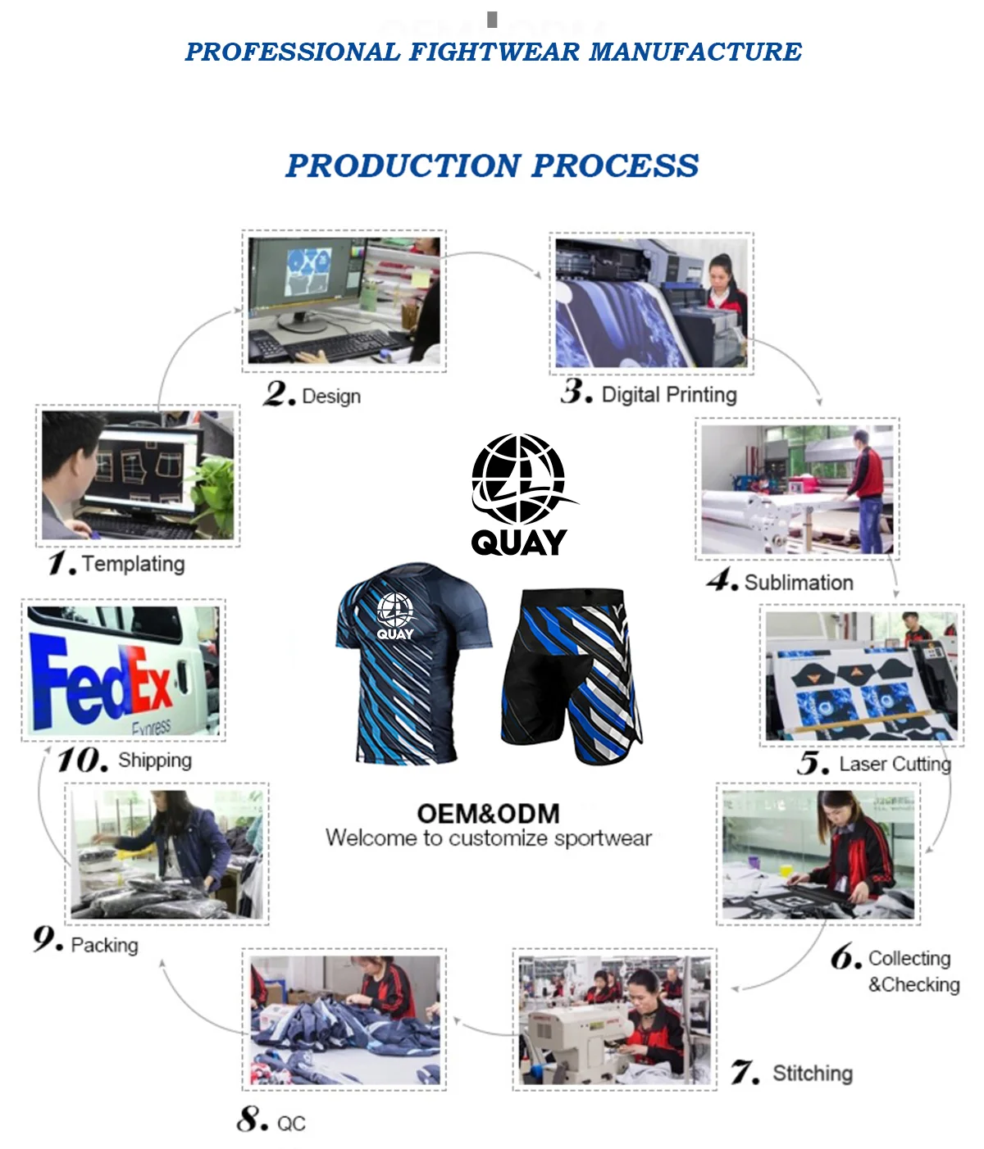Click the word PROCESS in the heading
pos(616,166)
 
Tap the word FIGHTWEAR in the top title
pos(494,52)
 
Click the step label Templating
pos(133,564)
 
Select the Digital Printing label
pos(669,395)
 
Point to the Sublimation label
pos(799,583)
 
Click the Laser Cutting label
pos(895,764)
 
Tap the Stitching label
pos(813,1073)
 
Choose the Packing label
pos(104,945)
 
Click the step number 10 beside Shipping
pos(82,760)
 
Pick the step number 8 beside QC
pos(252,1119)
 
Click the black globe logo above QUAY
pos(518,479)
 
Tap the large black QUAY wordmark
pos(519,542)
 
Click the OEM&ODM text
pos(489,813)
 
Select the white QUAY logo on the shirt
pos(395,616)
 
